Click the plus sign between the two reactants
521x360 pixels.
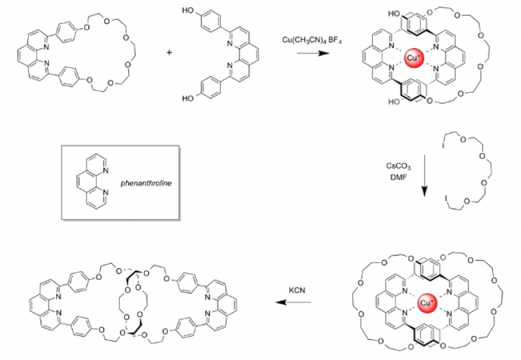tap(169, 51)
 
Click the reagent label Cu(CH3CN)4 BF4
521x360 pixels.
tap(308, 41)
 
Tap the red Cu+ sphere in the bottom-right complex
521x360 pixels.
tap(427, 302)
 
